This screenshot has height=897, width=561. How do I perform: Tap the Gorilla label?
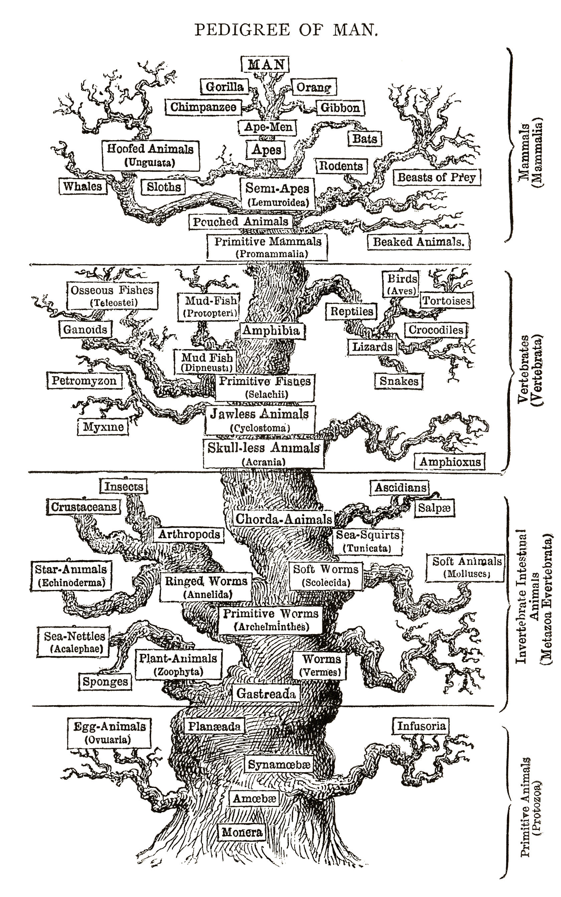[x=224, y=87]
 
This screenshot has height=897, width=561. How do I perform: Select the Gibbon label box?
[x=340, y=108]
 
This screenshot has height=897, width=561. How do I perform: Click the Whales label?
[x=82, y=186]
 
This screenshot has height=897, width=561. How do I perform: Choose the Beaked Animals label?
[x=418, y=242]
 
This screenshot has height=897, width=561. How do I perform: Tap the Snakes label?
[x=399, y=381]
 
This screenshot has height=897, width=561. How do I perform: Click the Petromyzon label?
[x=84, y=380]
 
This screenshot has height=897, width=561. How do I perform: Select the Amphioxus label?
[x=450, y=462]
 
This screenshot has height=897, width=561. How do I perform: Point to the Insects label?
[x=124, y=486]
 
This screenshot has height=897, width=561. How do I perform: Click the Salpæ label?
[x=434, y=508]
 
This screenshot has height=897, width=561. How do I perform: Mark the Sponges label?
[x=105, y=681]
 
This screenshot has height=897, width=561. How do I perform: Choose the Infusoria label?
[x=421, y=726]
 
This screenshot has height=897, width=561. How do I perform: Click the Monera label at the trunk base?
[x=242, y=832]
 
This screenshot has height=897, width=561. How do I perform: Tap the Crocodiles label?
[x=436, y=330]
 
